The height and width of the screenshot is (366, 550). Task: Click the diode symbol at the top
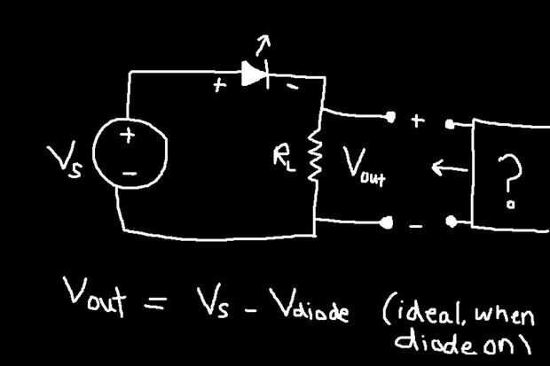pyautogui.click(x=255, y=74)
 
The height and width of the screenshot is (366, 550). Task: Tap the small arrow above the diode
pyautogui.click(x=263, y=45)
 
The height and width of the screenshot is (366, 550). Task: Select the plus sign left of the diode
pyautogui.click(x=219, y=85)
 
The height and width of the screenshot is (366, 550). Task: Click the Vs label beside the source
pyautogui.click(x=66, y=160)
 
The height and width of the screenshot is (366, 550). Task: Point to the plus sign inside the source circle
pyautogui.click(x=128, y=136)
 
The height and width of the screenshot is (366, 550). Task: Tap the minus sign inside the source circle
pyautogui.click(x=129, y=173)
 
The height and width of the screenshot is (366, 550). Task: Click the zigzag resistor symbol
pyautogui.click(x=315, y=155)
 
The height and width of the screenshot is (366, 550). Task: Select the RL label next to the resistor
pyautogui.click(x=284, y=160)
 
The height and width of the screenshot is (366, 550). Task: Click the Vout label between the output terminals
pyautogui.click(x=364, y=167)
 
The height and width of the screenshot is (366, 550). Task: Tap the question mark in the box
pyautogui.click(x=510, y=182)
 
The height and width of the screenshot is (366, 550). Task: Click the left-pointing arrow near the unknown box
pyautogui.click(x=450, y=167)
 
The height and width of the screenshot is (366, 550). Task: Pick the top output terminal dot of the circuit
pyautogui.click(x=390, y=116)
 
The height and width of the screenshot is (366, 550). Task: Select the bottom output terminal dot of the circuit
pyautogui.click(x=388, y=222)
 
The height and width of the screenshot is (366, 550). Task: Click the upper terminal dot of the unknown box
pyautogui.click(x=449, y=124)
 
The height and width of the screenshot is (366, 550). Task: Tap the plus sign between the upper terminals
pyautogui.click(x=418, y=121)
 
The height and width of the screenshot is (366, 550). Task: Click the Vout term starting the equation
pyautogui.click(x=94, y=297)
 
